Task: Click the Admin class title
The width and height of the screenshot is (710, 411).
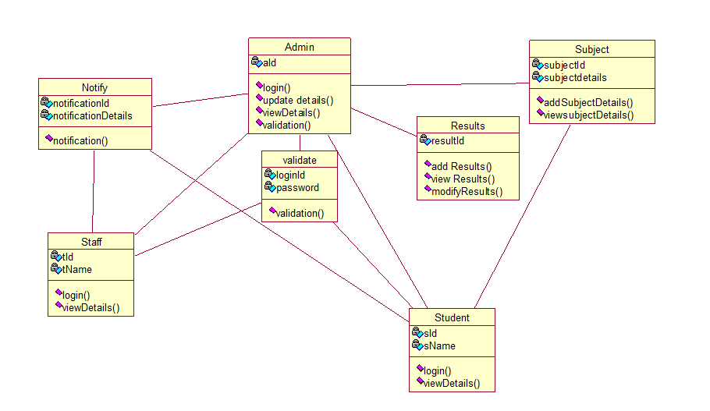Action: pos(300,47)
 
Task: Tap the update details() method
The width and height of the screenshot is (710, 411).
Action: pos(297,100)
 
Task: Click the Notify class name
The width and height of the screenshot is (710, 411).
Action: pos(94,87)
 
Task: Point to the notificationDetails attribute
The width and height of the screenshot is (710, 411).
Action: pos(92,115)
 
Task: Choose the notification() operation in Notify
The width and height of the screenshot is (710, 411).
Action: pos(80,140)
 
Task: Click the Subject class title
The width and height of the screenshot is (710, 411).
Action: pos(591,49)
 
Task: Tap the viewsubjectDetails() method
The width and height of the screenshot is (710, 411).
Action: pos(588,115)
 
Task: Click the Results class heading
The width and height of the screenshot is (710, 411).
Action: pos(467,126)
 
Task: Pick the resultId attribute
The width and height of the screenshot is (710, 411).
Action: pos(448,140)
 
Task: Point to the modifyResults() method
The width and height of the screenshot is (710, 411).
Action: pos(467,191)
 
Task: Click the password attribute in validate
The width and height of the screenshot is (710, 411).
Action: pos(297,188)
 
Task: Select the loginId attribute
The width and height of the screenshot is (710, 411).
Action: pos(290,175)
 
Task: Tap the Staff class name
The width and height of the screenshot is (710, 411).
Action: pos(91,242)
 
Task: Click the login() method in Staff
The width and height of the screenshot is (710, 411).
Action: pos(76,295)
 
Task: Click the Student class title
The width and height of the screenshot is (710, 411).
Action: pos(452,317)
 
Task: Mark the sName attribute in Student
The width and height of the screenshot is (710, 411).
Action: pos(439,345)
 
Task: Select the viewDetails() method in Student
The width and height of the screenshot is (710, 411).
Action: pos(452,383)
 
